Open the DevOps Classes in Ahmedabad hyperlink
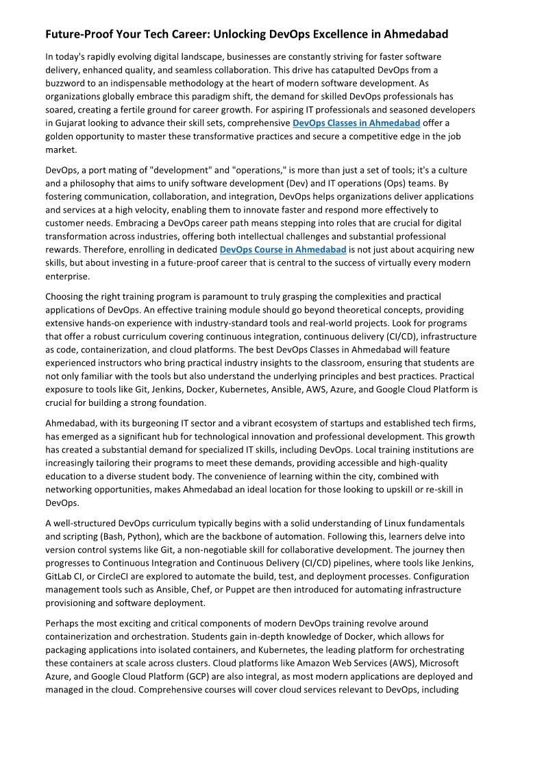pos(356,123)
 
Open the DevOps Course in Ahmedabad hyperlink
pos(283,250)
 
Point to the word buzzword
pos(67,83)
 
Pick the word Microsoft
pos(438,663)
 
